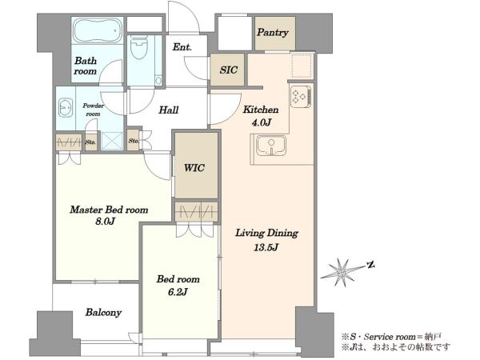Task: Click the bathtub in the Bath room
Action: [x=98, y=31]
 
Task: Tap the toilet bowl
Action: [x=138, y=47]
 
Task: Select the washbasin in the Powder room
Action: [x=65, y=107]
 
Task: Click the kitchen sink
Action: [x=271, y=145]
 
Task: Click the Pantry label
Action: [x=273, y=33]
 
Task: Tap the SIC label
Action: [x=228, y=70]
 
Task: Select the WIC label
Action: [x=194, y=168]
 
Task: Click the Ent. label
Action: [x=182, y=47]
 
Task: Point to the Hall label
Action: [x=168, y=110]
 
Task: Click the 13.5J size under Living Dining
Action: [x=266, y=247]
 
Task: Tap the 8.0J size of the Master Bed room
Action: [x=105, y=222]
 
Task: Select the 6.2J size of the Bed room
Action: [x=178, y=292]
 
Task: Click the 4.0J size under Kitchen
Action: [x=262, y=122]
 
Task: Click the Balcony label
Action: [x=103, y=313]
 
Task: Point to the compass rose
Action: [x=342, y=272]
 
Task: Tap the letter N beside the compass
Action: [x=371, y=265]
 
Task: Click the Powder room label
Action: [x=93, y=110]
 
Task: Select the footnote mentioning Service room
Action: [x=391, y=337]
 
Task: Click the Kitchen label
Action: [x=261, y=110]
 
